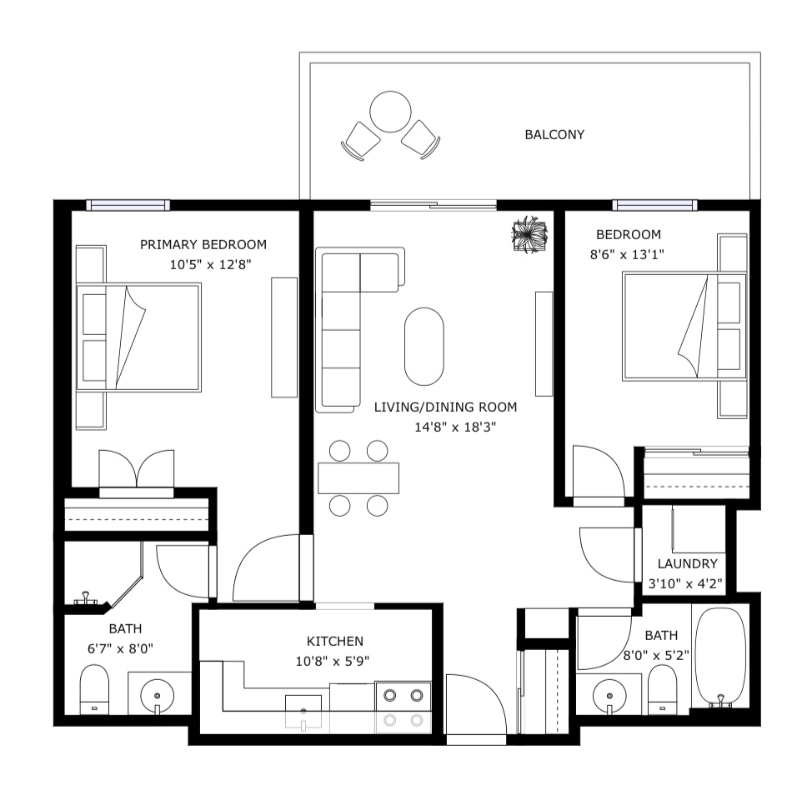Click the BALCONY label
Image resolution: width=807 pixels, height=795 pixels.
(x=554, y=135)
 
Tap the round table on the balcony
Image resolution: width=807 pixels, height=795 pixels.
(x=391, y=112)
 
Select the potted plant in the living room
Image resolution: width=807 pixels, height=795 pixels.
(x=529, y=235)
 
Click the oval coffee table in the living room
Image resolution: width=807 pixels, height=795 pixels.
(x=424, y=347)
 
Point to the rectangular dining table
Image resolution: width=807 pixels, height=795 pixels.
(x=358, y=478)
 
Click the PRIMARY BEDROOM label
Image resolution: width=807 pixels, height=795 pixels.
(x=203, y=244)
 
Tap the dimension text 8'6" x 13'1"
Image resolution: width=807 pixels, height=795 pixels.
(x=627, y=254)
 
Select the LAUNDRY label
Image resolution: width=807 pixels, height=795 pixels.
(x=687, y=563)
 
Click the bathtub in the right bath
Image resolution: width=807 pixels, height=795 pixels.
(x=720, y=658)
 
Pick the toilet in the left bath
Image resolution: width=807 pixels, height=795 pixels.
(x=94, y=689)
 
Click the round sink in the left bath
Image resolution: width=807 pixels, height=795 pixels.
(x=158, y=695)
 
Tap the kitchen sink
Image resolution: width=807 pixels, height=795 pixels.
(x=303, y=712)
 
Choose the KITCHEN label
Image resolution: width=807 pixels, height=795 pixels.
(x=335, y=641)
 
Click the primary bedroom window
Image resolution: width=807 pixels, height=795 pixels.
(x=128, y=205)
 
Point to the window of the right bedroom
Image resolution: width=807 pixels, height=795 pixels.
(x=654, y=205)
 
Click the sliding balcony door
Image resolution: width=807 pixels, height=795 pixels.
(x=434, y=205)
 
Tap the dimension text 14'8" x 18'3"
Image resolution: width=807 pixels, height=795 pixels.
(x=455, y=427)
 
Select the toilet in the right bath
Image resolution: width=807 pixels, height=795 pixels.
(x=663, y=689)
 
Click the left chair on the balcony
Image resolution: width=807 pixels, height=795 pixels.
(x=360, y=141)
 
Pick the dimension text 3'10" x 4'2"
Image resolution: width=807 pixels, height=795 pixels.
(x=685, y=584)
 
